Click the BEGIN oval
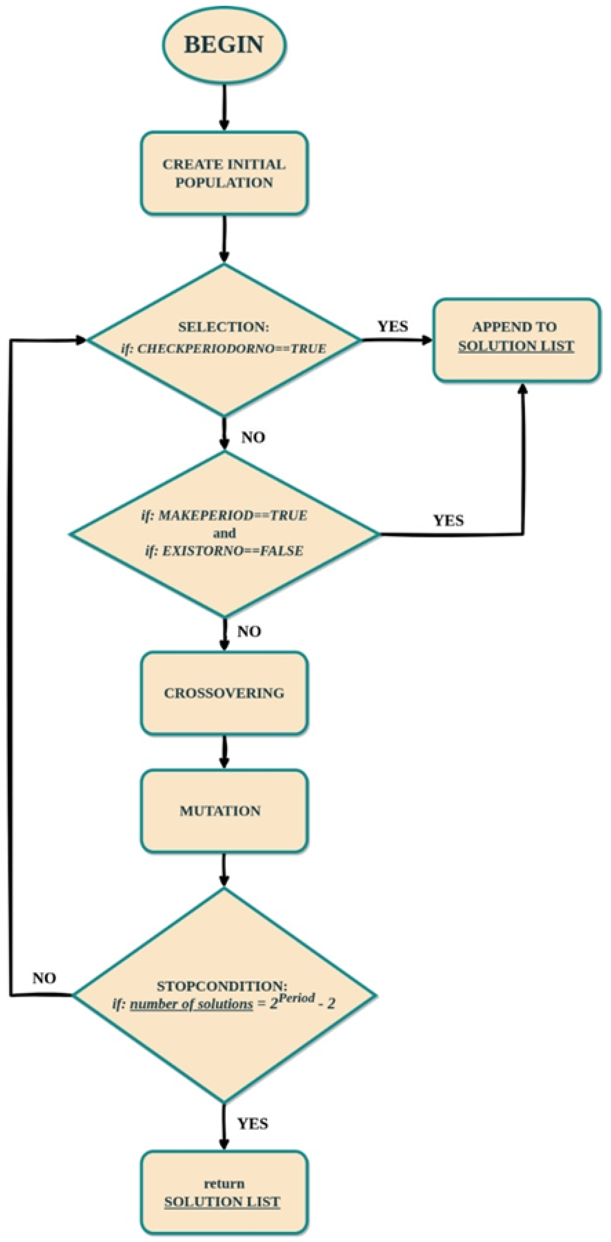click(x=224, y=44)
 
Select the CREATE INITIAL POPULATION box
click(x=224, y=173)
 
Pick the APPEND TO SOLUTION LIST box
click(x=516, y=340)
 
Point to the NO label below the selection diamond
click(x=253, y=437)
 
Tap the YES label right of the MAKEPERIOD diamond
click(x=448, y=521)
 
